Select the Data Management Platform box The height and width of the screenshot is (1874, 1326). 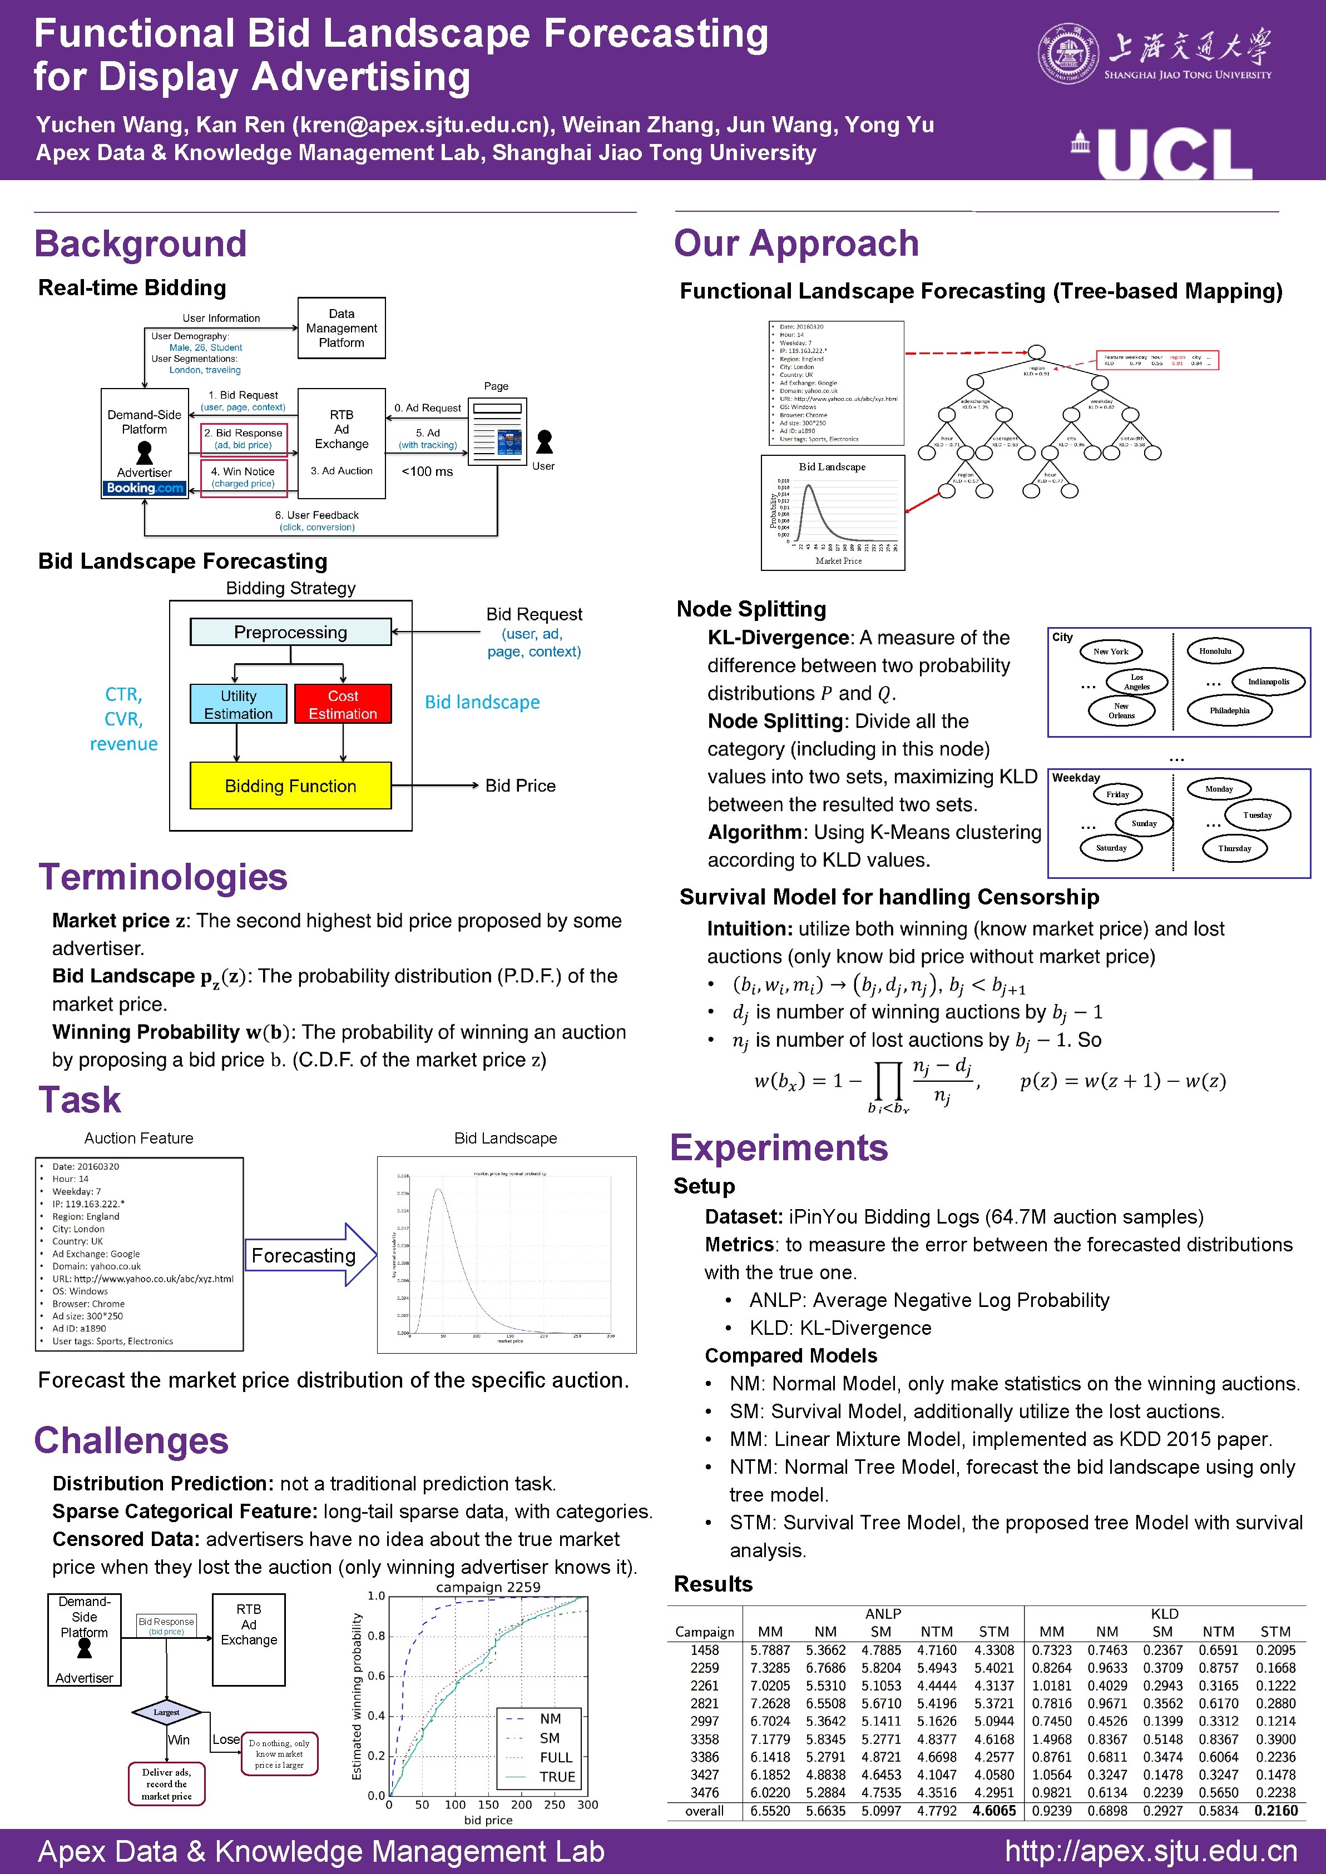click(x=342, y=328)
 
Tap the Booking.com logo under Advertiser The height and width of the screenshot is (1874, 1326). click(x=145, y=488)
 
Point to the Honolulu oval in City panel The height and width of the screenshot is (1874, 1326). click(x=1214, y=652)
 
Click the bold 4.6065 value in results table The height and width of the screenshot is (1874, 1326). click(x=994, y=1810)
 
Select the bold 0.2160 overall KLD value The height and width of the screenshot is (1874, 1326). click(x=1275, y=1810)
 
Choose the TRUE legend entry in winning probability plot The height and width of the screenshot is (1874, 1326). click(x=556, y=1777)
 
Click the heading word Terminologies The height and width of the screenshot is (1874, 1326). click(x=164, y=877)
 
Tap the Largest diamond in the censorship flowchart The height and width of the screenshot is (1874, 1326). click(x=166, y=1712)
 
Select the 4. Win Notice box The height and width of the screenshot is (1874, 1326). click(x=243, y=476)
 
